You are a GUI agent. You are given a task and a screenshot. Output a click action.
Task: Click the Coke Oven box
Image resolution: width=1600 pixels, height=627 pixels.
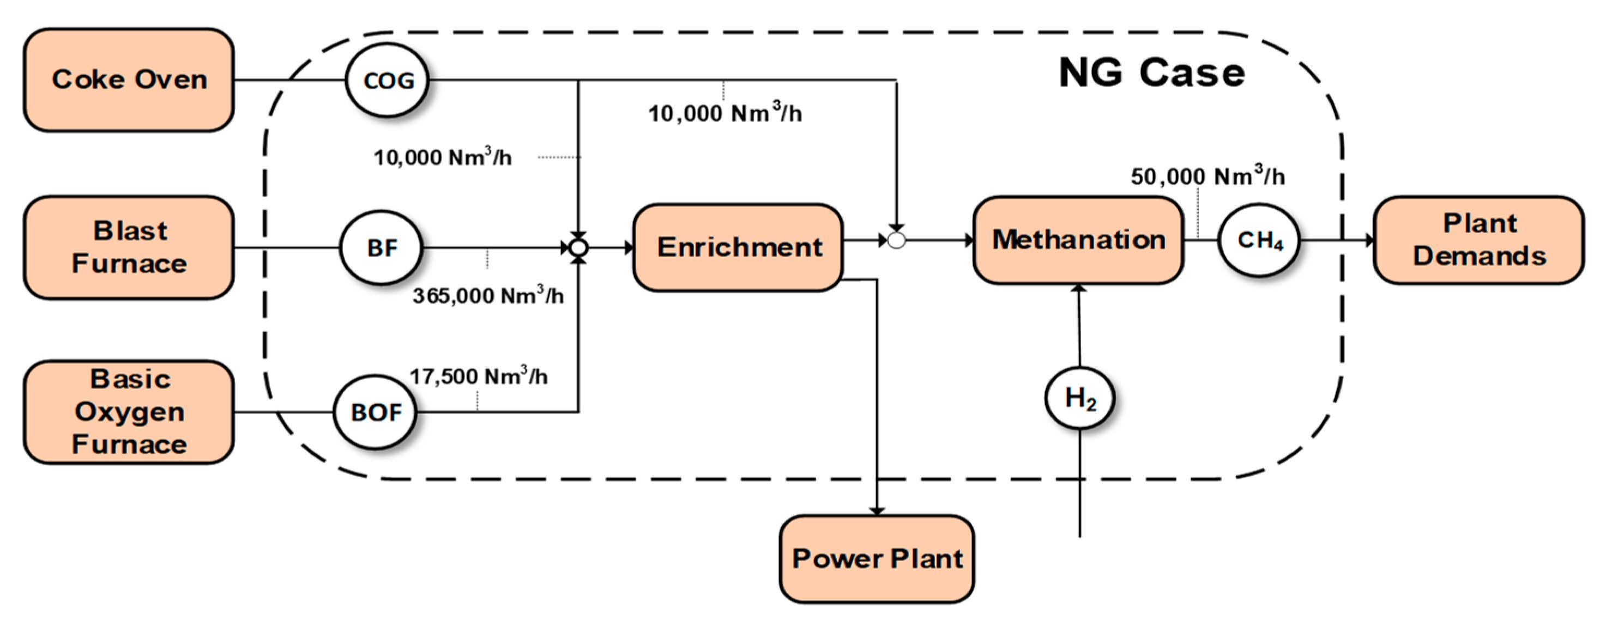pos(129,80)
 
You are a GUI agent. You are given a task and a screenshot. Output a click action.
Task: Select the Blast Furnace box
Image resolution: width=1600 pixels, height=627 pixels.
pos(129,248)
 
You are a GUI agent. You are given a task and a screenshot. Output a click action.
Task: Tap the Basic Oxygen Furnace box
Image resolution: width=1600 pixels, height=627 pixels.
pos(129,412)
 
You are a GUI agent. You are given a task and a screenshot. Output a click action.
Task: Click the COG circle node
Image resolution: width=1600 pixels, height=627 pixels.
pos(388,80)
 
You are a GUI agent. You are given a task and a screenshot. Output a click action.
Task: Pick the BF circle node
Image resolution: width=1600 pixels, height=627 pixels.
pos(382,248)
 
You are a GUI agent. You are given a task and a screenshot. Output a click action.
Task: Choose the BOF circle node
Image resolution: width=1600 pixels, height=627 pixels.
pos(375,412)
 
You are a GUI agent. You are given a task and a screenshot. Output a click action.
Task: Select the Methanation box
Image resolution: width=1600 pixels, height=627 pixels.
pos(1078,240)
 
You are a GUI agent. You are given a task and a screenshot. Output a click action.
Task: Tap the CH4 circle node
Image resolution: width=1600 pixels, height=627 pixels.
pos(1259,240)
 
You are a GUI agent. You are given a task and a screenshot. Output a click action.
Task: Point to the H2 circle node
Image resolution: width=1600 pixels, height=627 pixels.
pos(1079,398)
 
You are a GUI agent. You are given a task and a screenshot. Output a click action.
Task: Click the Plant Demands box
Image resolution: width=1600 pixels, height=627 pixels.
pos(1478,240)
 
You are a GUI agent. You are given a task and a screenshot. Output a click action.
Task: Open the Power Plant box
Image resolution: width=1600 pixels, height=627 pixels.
pos(877,559)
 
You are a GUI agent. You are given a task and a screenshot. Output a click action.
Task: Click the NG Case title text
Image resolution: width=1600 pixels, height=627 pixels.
pos(1151,73)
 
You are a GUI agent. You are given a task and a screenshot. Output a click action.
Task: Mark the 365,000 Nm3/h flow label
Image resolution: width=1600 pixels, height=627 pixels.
pos(488,295)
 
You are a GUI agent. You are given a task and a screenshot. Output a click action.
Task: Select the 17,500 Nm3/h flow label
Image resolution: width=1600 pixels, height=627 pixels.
pos(478,376)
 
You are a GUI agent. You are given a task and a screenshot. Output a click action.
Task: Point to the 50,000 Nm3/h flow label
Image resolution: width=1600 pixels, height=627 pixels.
pos(1207,176)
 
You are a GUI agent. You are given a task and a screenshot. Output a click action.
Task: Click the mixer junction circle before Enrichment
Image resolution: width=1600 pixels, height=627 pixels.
pos(578,248)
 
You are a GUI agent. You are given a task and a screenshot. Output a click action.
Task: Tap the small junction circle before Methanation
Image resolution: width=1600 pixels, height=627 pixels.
pos(896,240)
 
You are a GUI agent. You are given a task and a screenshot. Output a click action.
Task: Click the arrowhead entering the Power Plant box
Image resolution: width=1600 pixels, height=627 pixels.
pos(877,511)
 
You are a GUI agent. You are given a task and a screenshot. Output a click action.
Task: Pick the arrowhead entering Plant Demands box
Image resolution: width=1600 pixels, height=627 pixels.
pos(1369,240)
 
